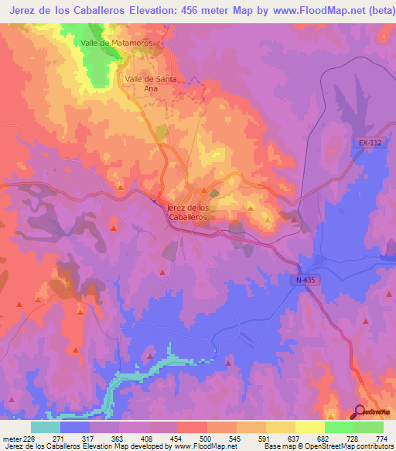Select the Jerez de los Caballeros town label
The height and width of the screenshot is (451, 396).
pos(186,213)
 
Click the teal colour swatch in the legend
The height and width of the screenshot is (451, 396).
pos(45,427)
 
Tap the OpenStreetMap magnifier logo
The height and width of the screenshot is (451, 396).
pos(360,412)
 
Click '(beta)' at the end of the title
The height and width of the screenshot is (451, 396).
pos(374,11)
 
